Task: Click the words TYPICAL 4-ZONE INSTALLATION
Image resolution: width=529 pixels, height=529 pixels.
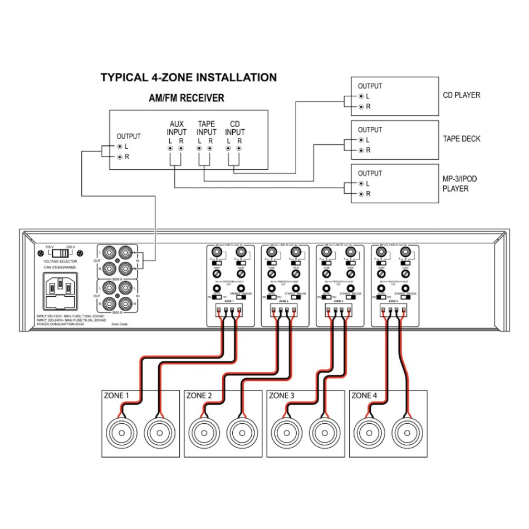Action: [188, 77]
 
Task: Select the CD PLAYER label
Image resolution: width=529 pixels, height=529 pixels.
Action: [461, 95]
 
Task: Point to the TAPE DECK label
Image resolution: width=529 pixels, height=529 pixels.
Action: [461, 139]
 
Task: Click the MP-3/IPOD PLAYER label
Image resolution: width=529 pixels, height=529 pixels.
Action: [459, 184]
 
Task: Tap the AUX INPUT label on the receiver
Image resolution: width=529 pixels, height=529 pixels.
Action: [177, 128]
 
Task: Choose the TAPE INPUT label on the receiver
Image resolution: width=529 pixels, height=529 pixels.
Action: [206, 128]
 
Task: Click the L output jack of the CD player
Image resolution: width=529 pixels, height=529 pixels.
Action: [361, 96]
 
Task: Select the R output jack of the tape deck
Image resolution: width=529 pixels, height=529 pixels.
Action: [361, 150]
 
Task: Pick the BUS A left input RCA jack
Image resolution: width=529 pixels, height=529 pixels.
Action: [129, 253]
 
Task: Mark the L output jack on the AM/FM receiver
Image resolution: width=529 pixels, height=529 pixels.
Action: [119, 146]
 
